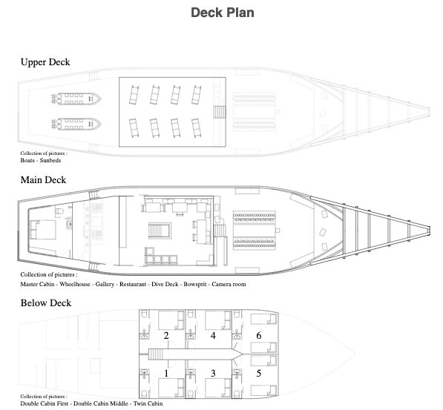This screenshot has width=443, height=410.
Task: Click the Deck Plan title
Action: tap(223, 13)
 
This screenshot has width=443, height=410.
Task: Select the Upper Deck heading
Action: tap(45, 62)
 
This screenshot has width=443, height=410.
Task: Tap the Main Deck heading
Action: tap(43, 180)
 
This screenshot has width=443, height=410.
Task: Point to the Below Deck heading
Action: tap(46, 303)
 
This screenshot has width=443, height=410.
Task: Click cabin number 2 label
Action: tap(166, 335)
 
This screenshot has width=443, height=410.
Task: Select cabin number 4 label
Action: tap(213, 335)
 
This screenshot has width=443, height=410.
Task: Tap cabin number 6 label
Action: tap(259, 335)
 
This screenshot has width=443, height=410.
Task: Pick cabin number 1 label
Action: tap(166, 373)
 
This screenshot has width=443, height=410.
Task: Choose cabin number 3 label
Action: tap(213, 373)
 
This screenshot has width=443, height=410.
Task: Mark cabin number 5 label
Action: tap(259, 373)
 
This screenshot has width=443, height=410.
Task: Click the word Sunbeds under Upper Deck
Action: tap(50, 160)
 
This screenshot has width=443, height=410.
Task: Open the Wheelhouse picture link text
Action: tap(75, 284)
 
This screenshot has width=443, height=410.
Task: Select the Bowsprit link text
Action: tap(195, 285)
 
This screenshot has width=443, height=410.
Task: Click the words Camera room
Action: tap(229, 284)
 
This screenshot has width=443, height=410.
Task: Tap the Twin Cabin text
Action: tap(148, 403)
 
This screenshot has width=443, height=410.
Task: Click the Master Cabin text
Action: tap(37, 284)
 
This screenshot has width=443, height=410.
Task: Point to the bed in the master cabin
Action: tap(43, 230)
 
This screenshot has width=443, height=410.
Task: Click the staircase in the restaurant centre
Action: tap(160, 231)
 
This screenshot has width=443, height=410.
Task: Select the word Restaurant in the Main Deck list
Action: tap(133, 284)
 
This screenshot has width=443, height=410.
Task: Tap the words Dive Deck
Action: tap(165, 284)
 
